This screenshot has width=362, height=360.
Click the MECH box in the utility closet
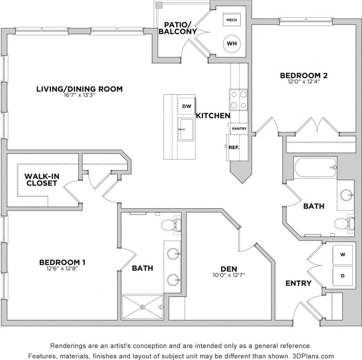[230, 20]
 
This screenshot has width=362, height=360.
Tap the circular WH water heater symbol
[231, 43]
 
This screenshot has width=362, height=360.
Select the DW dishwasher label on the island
[186, 106]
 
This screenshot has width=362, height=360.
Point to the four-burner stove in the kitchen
[238, 100]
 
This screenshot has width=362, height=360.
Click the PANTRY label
[239, 129]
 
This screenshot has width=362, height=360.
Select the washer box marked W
[343, 254]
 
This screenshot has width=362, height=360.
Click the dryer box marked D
[343, 276]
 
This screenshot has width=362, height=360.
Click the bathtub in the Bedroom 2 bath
[315, 167]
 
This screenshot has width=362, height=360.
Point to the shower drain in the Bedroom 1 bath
[142, 307]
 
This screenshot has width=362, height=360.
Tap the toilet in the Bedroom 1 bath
[171, 225]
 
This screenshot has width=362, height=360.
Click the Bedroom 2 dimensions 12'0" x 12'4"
[303, 82]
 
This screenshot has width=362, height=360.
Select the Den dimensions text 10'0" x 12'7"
[228, 275]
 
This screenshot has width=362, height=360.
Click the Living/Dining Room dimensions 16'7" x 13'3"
[79, 95]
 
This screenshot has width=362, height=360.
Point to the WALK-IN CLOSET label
[42, 179]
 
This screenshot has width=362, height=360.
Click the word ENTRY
[298, 283]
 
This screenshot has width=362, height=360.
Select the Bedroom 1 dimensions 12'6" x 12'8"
[62, 268]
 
